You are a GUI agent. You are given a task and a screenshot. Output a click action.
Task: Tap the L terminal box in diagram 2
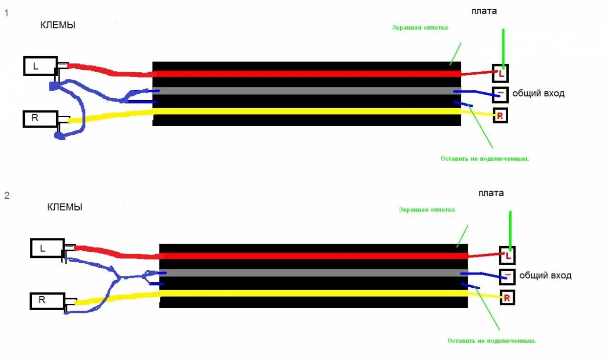47,248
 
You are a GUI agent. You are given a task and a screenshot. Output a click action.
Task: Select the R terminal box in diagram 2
47,300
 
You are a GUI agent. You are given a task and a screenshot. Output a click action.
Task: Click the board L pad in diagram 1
500,73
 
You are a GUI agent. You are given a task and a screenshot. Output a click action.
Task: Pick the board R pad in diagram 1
500,115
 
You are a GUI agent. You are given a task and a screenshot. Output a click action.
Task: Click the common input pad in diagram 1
500,93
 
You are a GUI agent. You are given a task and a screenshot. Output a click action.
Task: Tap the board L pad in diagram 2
507,255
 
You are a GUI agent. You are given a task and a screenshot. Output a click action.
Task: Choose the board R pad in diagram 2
507,297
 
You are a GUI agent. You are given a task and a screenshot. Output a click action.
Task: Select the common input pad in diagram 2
507,275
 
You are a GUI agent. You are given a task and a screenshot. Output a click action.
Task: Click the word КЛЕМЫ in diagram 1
58,25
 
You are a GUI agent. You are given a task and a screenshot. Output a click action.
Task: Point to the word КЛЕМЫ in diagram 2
65,207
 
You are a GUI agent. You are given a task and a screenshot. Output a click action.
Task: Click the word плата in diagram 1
484,11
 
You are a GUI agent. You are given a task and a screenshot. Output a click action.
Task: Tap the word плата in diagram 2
491,193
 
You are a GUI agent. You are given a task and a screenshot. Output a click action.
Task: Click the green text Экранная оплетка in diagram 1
420,28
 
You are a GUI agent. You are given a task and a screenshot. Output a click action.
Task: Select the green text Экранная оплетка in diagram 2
427,210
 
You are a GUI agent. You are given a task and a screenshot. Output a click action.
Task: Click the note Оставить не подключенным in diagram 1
485,159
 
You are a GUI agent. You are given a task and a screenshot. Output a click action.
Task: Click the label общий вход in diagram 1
538,93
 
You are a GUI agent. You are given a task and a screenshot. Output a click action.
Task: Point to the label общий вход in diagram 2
545,275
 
